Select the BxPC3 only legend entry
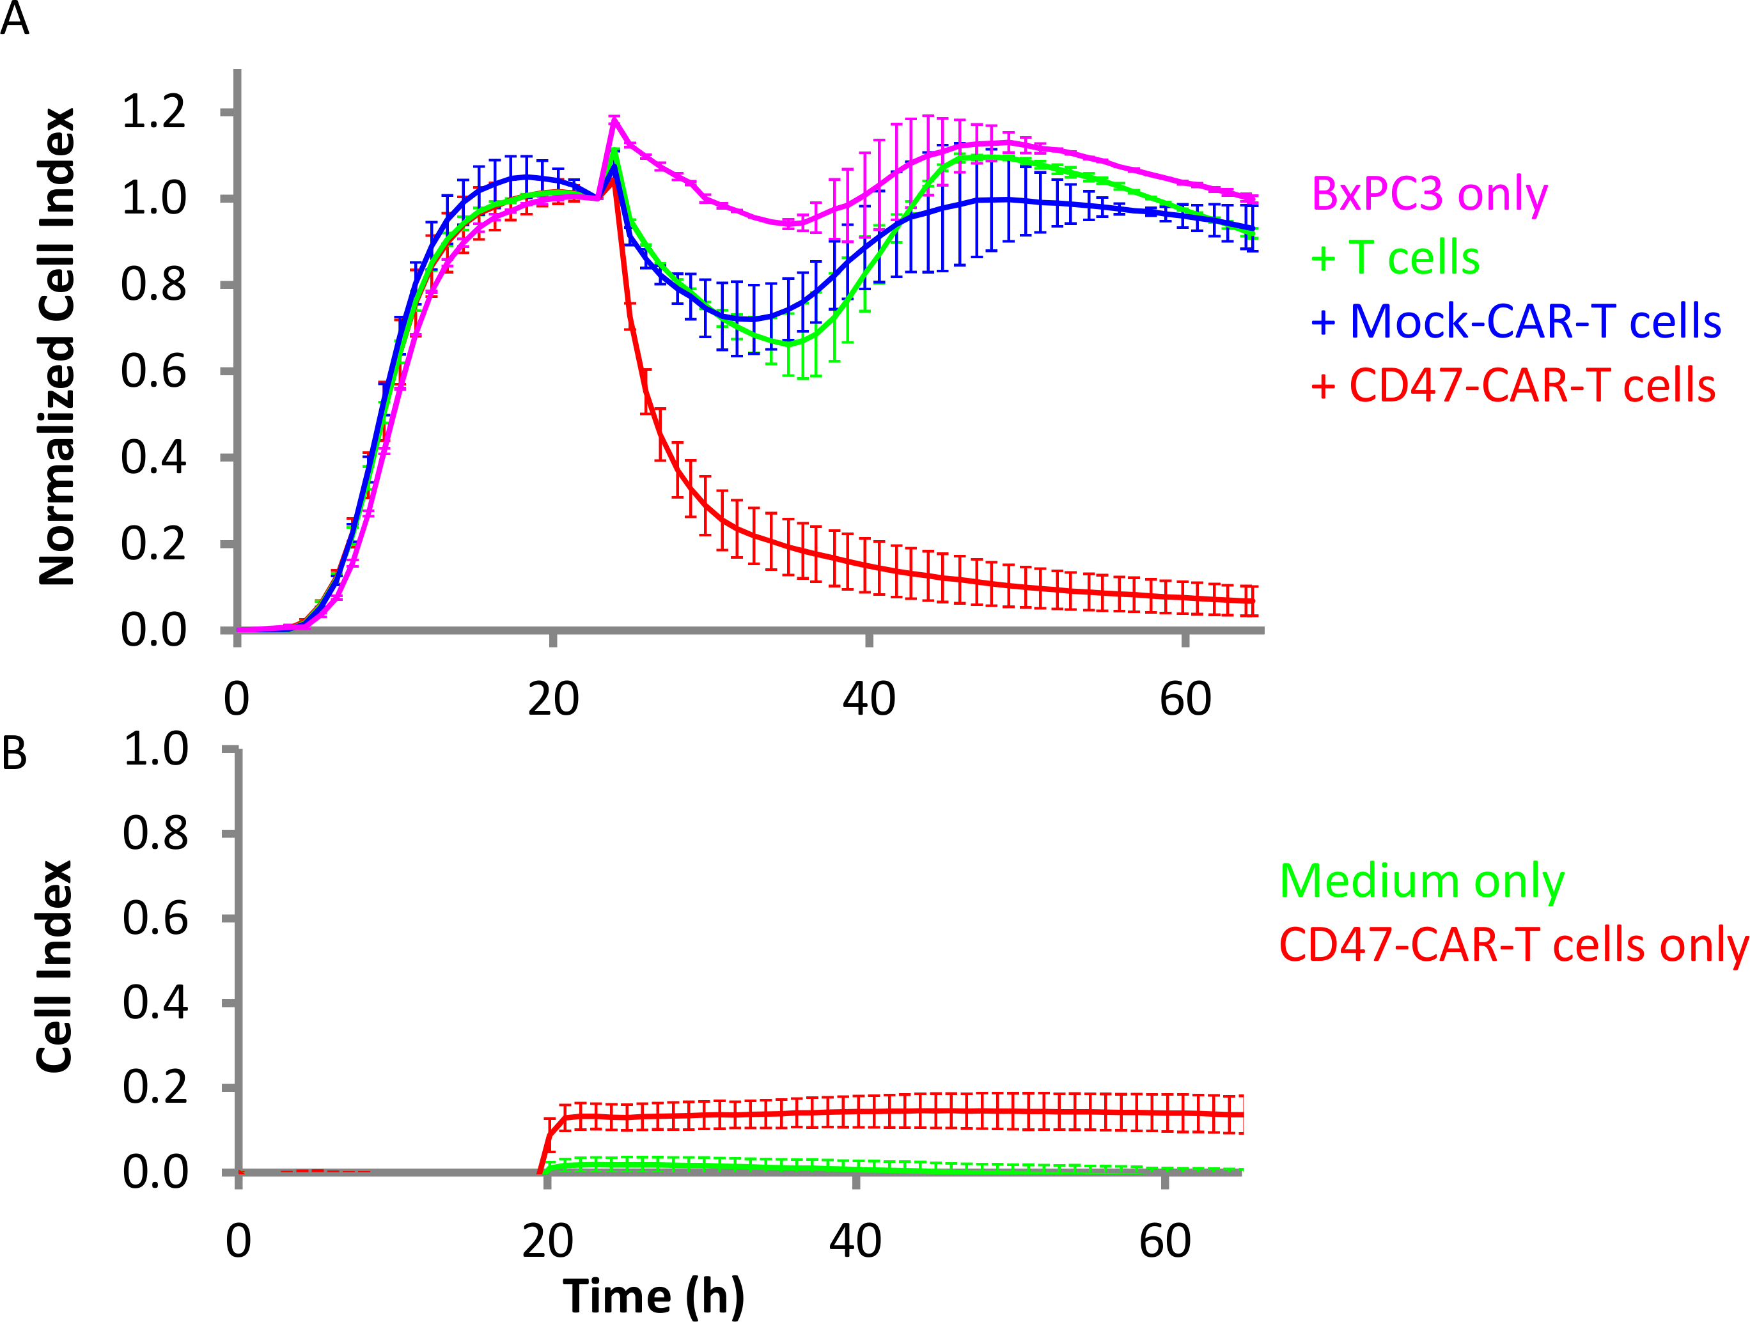1429,194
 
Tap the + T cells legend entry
1395,258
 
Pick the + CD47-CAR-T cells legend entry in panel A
1513,385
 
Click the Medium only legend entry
1422,880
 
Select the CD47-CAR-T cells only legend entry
1513,945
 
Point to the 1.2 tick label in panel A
153,111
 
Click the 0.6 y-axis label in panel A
153,371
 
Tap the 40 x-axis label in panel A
869,699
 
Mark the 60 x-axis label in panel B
1164,1241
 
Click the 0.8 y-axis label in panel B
155,834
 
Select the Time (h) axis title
653,1296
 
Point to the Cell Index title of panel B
56,966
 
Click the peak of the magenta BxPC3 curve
614,120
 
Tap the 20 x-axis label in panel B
547,1241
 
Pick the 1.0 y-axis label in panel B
155,749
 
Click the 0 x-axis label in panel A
237,699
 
